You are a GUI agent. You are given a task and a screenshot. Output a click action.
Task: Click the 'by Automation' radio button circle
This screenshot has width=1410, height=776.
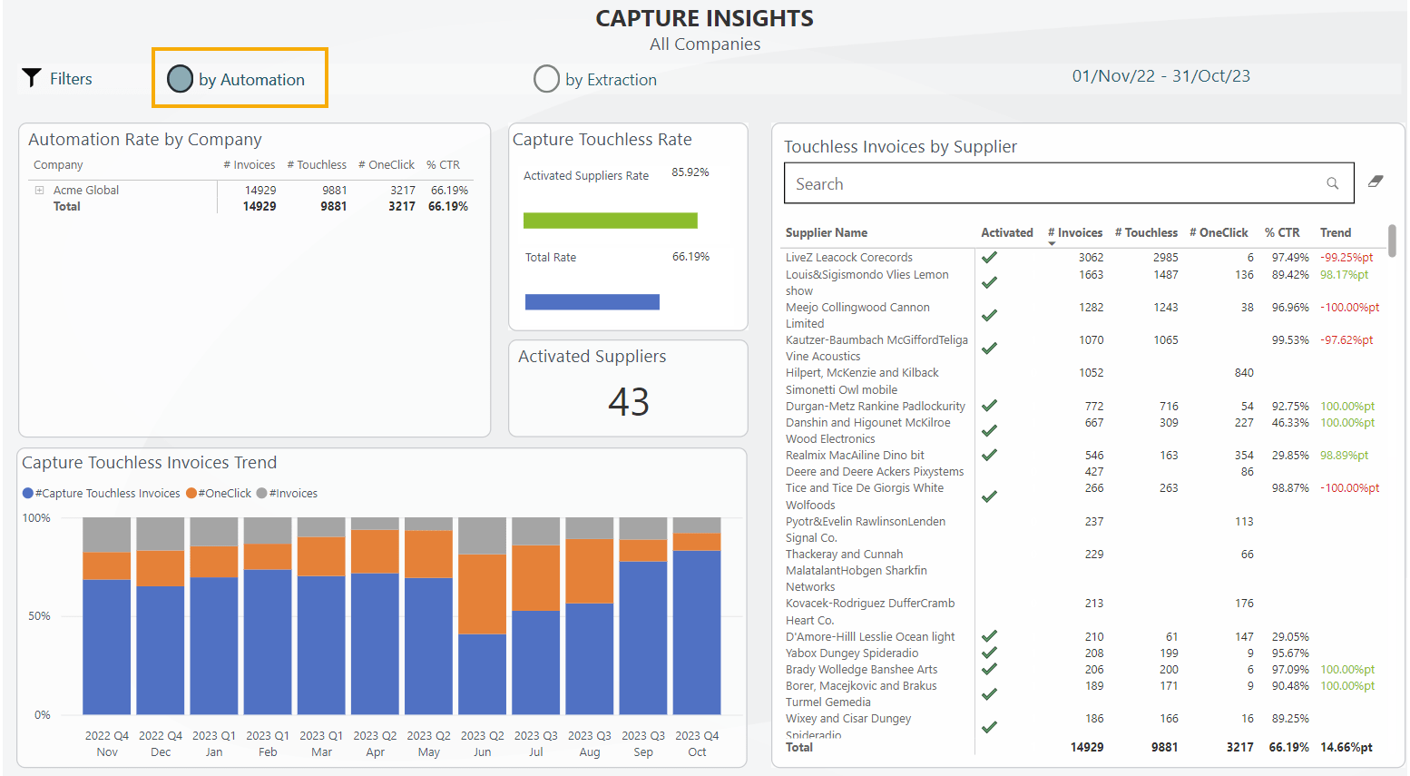tap(181, 79)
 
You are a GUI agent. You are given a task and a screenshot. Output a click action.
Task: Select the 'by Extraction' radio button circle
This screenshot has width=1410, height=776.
tap(546, 79)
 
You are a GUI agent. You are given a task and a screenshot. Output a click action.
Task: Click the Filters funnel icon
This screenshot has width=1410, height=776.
tap(32, 78)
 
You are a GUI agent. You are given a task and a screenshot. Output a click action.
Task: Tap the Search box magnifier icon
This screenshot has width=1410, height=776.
tap(1332, 183)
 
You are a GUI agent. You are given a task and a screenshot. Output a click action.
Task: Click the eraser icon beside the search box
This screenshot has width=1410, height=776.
tap(1376, 182)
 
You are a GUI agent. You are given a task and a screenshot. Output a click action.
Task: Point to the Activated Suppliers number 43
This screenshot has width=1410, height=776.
tap(628, 402)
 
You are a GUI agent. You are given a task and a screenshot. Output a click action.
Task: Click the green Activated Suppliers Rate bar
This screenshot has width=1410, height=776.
tap(610, 221)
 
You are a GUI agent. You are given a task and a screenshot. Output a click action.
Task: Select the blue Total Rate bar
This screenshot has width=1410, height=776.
tap(592, 302)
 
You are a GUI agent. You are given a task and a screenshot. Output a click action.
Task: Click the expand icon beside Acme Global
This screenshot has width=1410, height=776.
tap(39, 191)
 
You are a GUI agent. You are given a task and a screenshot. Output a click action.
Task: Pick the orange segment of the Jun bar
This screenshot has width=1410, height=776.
tap(482, 594)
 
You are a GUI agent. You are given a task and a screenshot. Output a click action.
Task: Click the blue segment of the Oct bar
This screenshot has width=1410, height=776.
tap(697, 632)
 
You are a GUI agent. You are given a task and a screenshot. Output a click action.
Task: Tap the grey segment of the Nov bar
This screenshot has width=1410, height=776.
tap(107, 535)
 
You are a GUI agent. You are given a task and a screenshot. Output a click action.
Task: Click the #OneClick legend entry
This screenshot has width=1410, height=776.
tap(220, 494)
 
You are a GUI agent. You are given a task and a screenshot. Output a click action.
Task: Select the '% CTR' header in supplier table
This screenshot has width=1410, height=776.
tap(1282, 233)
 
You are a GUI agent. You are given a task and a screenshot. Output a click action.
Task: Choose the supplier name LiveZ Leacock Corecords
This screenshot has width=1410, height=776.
tap(848, 258)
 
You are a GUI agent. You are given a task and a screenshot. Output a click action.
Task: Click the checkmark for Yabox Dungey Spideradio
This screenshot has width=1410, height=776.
tap(989, 653)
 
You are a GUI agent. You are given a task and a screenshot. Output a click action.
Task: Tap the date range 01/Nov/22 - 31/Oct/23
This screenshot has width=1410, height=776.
tap(1160, 76)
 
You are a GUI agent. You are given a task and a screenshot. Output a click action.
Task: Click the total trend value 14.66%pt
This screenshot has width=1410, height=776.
tap(1346, 747)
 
